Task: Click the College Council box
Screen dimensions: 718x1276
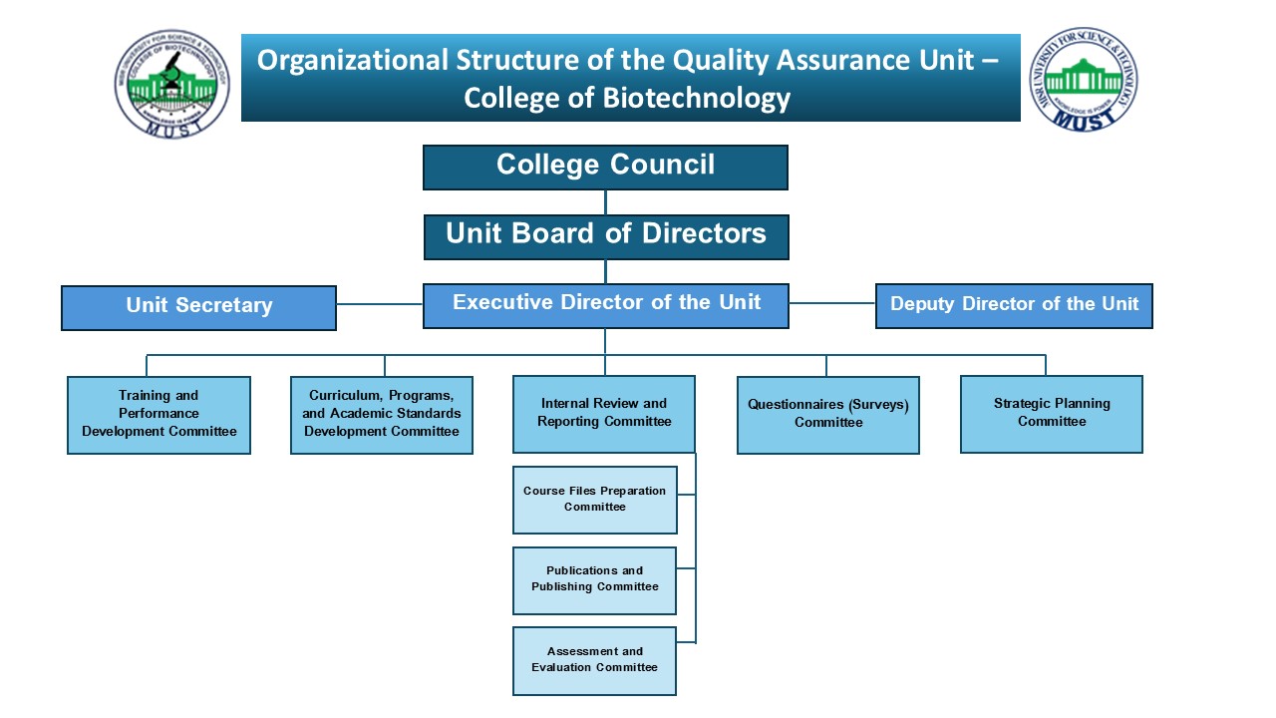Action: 605,167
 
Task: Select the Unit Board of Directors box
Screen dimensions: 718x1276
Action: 606,236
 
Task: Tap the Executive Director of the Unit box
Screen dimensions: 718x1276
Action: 606,305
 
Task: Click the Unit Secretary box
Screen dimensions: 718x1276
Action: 198,307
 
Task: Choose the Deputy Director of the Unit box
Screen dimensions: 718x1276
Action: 1014,305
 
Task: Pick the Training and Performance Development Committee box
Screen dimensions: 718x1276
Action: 159,414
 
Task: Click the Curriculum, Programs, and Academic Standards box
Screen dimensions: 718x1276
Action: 382,414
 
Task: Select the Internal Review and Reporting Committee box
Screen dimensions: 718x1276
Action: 604,414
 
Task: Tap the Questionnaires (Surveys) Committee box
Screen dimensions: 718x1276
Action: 828,414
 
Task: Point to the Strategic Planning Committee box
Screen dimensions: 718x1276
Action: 1052,413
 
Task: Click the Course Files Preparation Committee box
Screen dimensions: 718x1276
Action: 595,499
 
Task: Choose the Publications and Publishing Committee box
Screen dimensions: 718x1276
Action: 595,579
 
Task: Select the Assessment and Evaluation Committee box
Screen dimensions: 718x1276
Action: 595,660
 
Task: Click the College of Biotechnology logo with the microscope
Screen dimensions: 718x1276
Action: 171,83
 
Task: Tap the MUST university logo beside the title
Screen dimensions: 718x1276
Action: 1084,79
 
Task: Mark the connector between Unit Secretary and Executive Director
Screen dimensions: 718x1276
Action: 380,304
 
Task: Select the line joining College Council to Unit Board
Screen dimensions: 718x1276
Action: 605,202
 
